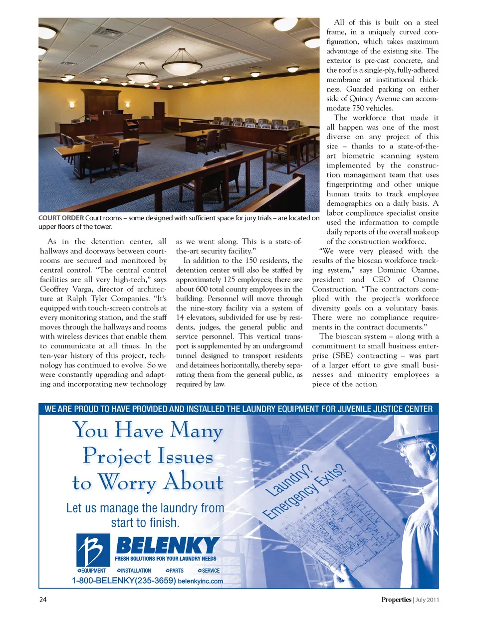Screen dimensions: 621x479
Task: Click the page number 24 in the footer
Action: [x=43, y=600]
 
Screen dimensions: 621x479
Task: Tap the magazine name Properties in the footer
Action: [x=396, y=600]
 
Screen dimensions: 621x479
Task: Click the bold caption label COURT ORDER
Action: [x=61, y=218]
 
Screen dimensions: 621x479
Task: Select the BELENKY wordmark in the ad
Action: [x=167, y=546]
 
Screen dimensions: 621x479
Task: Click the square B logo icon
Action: [x=93, y=550]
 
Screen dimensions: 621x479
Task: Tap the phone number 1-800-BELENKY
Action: [x=123, y=581]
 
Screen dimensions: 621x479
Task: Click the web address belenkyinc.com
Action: [x=200, y=581]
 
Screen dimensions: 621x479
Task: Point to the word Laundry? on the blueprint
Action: [x=288, y=480]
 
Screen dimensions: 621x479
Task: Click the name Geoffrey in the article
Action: [x=54, y=289]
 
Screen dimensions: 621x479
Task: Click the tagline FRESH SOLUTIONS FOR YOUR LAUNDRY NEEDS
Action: [x=165, y=559]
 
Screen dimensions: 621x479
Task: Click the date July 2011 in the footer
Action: [x=427, y=600]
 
